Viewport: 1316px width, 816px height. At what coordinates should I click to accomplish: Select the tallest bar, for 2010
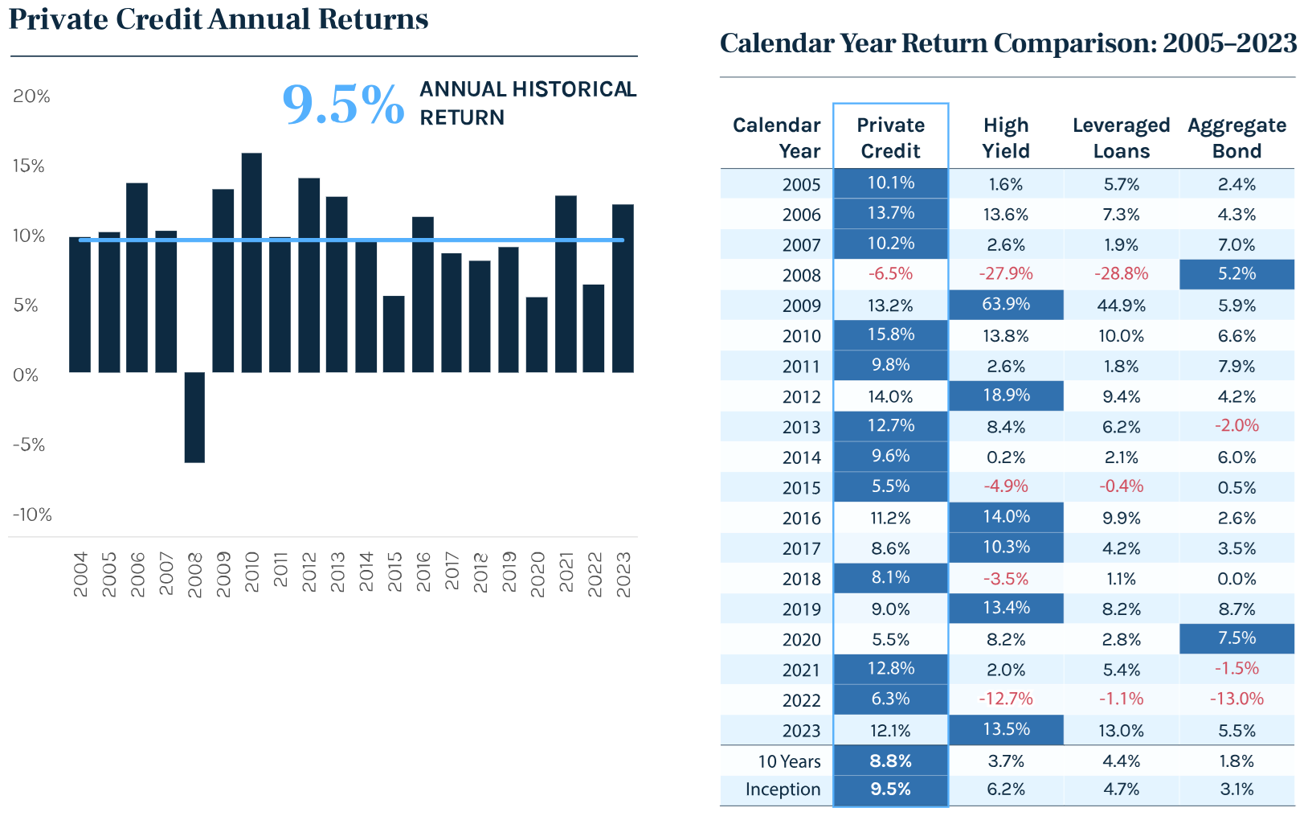251,262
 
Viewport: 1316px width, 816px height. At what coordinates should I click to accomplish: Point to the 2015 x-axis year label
394,572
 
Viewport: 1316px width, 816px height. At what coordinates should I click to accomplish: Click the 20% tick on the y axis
31,96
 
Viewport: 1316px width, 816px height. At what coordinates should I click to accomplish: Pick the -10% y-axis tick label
32,515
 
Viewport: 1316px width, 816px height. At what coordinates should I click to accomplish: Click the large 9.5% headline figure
343,105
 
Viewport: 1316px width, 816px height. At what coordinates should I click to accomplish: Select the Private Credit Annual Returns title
219,19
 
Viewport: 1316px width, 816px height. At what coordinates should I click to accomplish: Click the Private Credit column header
890,137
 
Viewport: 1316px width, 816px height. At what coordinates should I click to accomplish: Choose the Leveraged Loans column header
1121,137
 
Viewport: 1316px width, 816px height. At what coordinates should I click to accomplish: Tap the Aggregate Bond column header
1236,137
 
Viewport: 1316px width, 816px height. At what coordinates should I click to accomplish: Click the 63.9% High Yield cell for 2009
1006,305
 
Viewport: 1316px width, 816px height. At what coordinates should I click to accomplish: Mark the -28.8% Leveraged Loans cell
1121,274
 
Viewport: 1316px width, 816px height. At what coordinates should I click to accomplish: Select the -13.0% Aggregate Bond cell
1236,699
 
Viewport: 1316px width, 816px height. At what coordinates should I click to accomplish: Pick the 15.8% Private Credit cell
890,334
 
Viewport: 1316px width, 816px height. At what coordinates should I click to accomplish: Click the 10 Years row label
789,761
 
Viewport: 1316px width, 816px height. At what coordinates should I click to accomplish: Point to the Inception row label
783,789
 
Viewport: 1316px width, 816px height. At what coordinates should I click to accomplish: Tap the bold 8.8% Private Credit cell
890,761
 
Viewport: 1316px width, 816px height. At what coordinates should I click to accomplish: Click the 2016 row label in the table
801,519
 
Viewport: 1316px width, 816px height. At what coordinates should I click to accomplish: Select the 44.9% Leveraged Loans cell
1121,305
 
